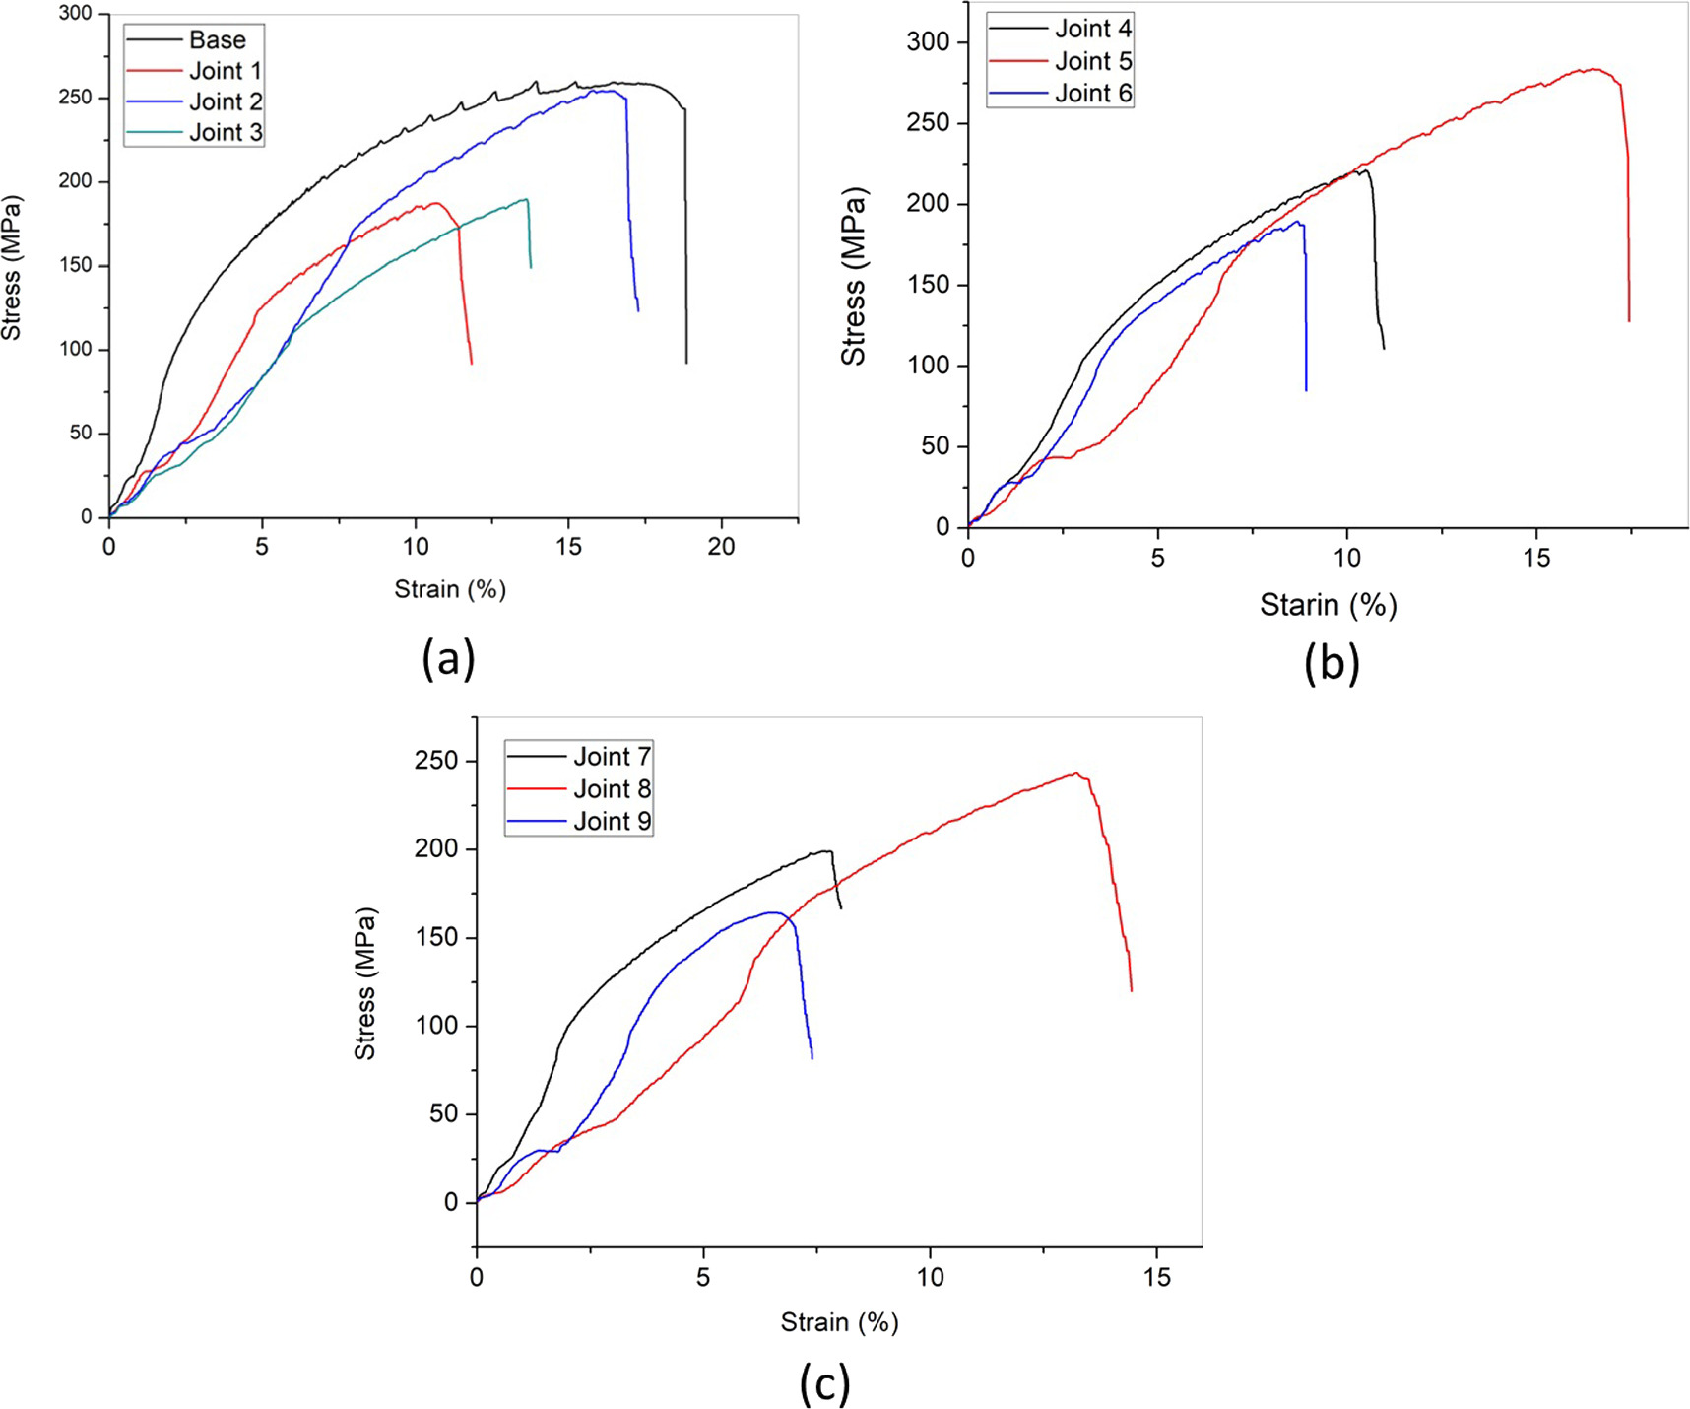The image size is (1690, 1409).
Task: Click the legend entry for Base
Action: (217, 40)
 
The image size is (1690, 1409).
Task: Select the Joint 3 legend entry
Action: (226, 132)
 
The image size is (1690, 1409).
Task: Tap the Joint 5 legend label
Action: (1093, 61)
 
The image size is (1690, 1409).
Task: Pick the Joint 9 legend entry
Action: (612, 821)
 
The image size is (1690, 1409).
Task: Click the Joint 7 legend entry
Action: (612, 756)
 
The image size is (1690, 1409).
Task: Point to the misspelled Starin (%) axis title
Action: (1328, 604)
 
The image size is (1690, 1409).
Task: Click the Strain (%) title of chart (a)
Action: (450, 589)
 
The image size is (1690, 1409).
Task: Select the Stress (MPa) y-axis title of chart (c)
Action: (365, 983)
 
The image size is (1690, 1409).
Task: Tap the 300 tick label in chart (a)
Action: (75, 14)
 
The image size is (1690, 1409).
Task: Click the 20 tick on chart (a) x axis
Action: (721, 547)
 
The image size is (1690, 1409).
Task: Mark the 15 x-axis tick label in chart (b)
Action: (1536, 559)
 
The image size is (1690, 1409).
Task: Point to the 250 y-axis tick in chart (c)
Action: (436, 761)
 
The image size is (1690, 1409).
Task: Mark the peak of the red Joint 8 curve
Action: (1076, 773)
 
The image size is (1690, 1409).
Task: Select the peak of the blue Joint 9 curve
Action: (773, 912)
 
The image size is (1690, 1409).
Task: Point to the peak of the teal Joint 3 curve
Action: (527, 199)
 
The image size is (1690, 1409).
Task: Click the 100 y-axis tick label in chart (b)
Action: (928, 366)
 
